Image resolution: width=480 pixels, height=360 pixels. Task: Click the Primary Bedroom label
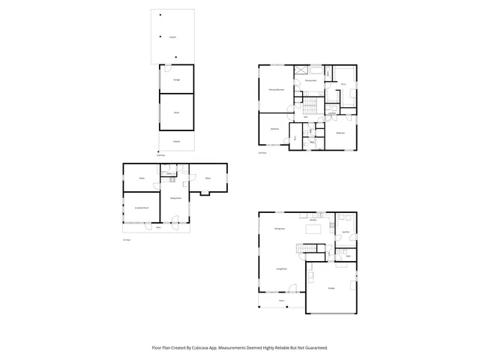pos(277,89)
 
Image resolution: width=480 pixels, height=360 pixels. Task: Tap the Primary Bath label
pos(310,79)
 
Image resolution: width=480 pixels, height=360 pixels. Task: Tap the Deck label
pos(158,227)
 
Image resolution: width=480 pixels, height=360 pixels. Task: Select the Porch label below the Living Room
pos(282,301)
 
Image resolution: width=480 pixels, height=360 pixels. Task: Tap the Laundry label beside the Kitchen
pos(346,232)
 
